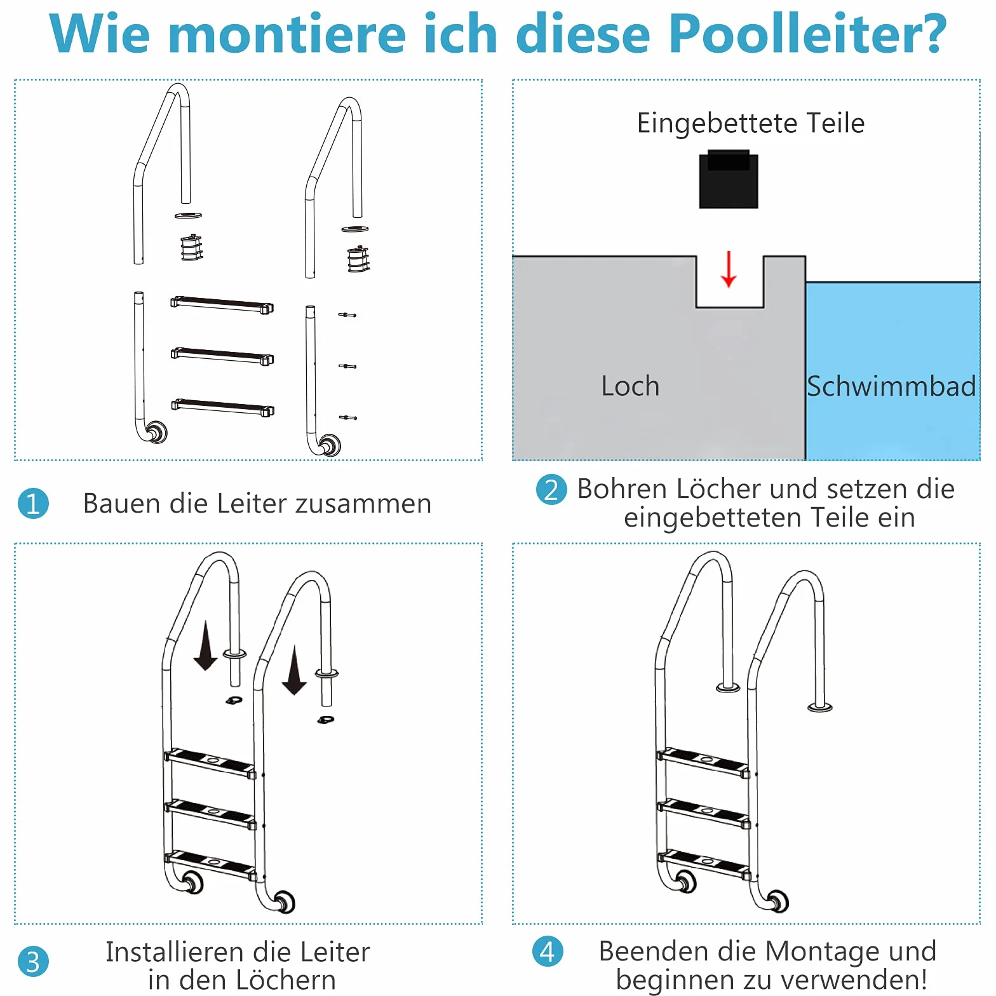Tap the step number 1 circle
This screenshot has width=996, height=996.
(33, 504)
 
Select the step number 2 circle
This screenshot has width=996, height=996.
(551, 490)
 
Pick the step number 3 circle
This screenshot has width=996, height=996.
(33, 962)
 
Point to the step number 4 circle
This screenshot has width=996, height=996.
(548, 952)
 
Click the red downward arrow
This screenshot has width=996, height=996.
(729, 269)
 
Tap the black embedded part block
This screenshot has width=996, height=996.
(729, 179)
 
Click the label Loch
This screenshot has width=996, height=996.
(630, 386)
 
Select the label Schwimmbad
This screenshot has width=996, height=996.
(891, 386)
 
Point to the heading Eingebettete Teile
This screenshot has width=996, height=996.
(751, 123)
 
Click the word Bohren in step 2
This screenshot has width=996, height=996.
(622, 489)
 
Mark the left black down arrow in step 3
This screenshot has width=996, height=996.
(205, 646)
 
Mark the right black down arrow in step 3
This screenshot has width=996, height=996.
(294, 670)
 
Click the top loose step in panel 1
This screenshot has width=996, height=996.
(222, 304)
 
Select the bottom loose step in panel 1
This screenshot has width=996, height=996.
(222, 407)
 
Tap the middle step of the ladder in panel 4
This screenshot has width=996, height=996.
(704, 814)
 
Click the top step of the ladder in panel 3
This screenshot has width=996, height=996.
(210, 763)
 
